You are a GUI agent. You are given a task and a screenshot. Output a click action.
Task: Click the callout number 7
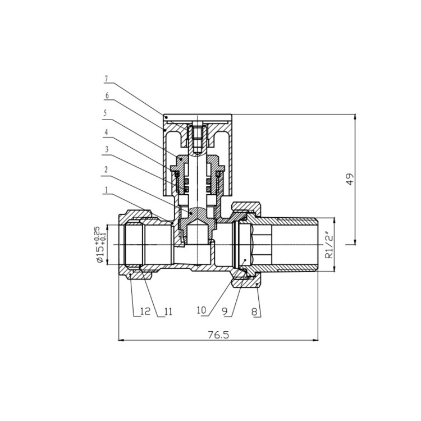click(x=106, y=79)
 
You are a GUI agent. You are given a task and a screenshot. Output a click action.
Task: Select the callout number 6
click(x=106, y=95)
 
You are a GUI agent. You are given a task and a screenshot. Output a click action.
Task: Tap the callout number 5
click(x=106, y=113)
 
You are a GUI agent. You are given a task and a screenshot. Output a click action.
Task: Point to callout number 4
click(x=106, y=132)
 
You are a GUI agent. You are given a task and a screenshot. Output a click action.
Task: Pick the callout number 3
click(x=106, y=150)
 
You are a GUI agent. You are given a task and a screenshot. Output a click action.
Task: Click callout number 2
click(x=106, y=169)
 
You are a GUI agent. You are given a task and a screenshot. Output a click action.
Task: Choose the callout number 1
click(x=106, y=190)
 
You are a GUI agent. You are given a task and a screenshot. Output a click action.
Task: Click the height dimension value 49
click(x=350, y=180)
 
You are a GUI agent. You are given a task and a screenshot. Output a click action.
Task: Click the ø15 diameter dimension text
click(x=99, y=245)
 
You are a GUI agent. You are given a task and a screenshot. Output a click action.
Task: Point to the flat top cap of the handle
click(x=198, y=117)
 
